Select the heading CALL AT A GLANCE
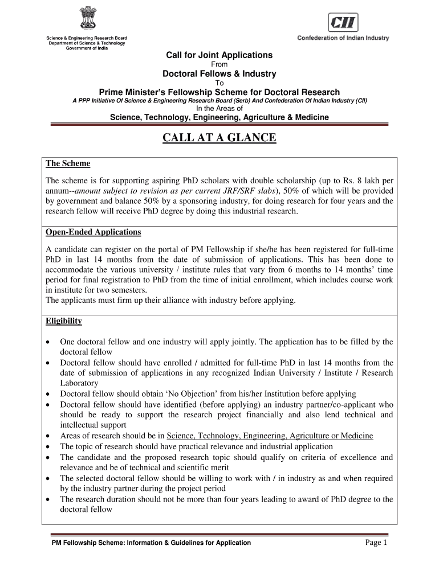(x=219, y=138)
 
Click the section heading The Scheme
(x=68, y=163)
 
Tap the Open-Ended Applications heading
(x=94, y=232)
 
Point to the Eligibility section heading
(x=64, y=321)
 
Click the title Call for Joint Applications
(x=219, y=55)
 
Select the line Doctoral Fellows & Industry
(x=219, y=73)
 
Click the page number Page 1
(x=376, y=543)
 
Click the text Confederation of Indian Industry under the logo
(x=343, y=38)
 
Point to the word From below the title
(x=219, y=64)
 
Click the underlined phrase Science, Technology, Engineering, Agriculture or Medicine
(x=270, y=436)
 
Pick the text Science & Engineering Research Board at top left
(x=87, y=38)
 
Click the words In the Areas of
(x=219, y=108)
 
